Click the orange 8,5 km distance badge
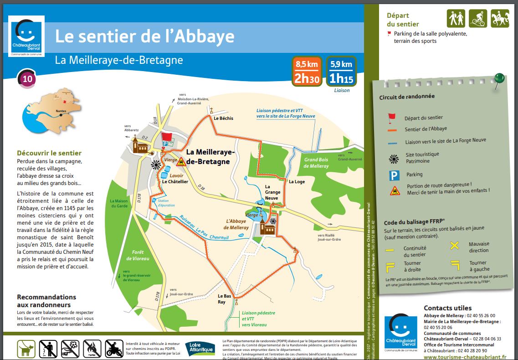(307, 72)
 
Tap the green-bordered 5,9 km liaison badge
(341, 72)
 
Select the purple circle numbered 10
(27, 79)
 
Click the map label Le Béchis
(223, 118)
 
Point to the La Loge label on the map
(297, 182)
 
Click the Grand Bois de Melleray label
(316, 163)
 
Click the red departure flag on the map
(167, 136)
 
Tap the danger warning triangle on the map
(181, 161)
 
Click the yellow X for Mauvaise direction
(454, 246)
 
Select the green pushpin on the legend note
(499, 79)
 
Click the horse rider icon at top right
(500, 18)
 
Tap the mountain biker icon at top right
(477, 18)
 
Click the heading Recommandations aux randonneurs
(46, 301)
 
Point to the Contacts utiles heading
(447, 308)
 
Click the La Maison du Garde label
(118, 203)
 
